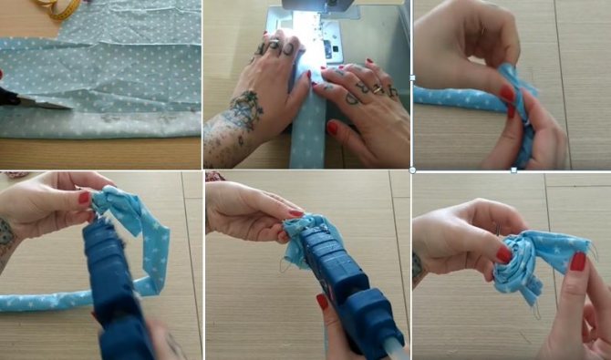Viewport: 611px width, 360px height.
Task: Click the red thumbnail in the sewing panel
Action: pos(332,128)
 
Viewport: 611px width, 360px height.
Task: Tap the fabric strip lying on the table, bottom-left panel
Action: pos(36,302)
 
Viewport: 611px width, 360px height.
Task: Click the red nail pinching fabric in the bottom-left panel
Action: pos(84,197)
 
